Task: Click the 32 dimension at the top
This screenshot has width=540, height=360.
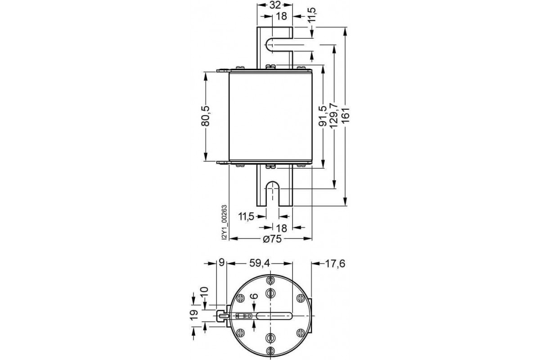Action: point(274,5)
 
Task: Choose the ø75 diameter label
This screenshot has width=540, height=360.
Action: point(271,239)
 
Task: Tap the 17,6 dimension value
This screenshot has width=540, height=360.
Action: point(334,264)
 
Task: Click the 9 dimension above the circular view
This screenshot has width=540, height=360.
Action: point(220,264)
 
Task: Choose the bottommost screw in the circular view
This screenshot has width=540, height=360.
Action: point(270,351)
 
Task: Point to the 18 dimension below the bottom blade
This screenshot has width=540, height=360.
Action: point(281,228)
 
